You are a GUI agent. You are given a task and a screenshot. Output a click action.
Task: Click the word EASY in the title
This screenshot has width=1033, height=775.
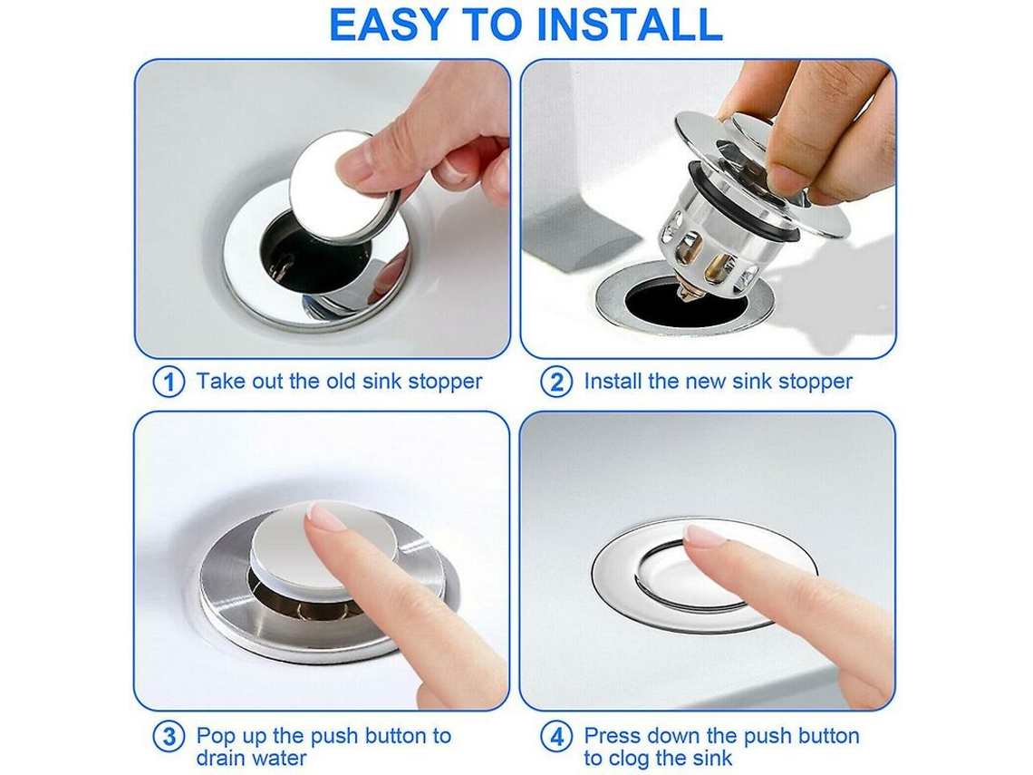coord(388,24)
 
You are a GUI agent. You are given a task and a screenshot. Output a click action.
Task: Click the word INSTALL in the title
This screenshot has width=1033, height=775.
coord(630,24)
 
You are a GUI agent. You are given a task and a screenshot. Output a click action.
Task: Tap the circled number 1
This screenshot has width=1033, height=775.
coord(169,383)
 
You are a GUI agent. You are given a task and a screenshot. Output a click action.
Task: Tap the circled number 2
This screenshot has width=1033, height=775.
coord(556,383)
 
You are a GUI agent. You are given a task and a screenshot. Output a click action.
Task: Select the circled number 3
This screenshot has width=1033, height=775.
coord(169,736)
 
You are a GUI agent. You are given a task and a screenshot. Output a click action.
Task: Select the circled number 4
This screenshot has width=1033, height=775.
coord(556,736)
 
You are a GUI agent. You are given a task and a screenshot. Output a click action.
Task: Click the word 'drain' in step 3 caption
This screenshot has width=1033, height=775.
coord(225,758)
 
